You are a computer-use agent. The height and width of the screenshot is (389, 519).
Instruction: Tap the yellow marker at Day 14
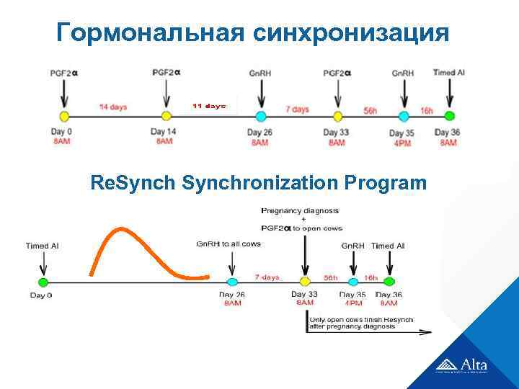(167, 116)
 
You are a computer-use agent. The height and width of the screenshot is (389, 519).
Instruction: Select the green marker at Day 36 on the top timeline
(449, 115)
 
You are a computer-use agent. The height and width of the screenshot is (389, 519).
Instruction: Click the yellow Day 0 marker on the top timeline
(63, 116)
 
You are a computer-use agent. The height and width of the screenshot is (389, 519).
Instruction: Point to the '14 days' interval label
(113, 107)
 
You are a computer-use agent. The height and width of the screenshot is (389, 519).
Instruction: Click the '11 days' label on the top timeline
(209, 106)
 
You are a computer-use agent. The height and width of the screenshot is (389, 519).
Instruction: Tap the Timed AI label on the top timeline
(449, 73)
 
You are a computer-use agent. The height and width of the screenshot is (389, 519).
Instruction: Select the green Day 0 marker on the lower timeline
(43, 281)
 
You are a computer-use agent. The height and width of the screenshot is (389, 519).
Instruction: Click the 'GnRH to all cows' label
(228, 244)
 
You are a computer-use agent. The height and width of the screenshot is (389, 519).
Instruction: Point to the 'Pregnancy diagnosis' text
(300, 210)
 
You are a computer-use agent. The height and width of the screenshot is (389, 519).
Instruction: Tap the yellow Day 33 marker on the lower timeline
(305, 281)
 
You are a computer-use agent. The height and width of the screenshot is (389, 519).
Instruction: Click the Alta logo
(462, 365)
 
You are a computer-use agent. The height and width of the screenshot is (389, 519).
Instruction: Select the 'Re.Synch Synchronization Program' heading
(259, 183)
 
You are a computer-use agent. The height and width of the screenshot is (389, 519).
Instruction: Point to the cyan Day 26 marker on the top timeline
(260, 116)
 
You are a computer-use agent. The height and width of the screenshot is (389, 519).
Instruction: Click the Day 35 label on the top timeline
(402, 133)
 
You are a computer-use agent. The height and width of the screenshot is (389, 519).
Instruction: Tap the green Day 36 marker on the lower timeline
(389, 281)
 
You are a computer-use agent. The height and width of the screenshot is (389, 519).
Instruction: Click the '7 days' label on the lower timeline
(267, 277)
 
